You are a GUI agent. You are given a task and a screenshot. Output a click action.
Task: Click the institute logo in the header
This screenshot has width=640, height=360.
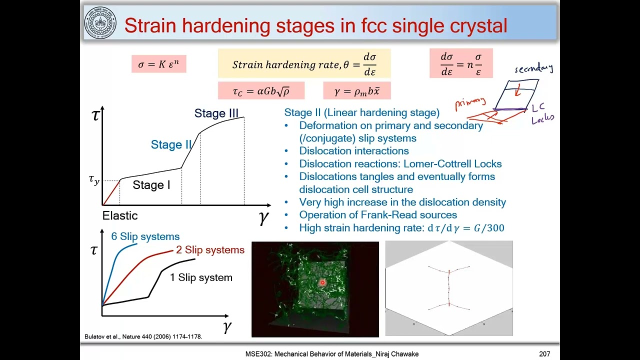(x=100, y=23)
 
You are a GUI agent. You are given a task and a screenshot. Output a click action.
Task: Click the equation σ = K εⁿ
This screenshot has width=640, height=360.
(x=159, y=64)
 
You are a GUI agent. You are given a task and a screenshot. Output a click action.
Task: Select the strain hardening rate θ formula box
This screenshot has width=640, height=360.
(x=304, y=64)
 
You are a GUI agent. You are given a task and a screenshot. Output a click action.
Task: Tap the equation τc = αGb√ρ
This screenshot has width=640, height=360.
(x=261, y=91)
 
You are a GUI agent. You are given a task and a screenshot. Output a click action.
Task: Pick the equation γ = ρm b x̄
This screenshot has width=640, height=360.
(x=357, y=91)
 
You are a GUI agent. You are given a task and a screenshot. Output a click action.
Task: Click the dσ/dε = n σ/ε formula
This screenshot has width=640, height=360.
(x=461, y=63)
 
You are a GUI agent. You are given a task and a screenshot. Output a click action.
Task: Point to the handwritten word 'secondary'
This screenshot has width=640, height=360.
(x=533, y=68)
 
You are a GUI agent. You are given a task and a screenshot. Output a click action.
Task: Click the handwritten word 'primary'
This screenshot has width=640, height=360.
(x=470, y=103)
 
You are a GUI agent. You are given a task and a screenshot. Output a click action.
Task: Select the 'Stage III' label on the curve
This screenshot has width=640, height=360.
(x=216, y=113)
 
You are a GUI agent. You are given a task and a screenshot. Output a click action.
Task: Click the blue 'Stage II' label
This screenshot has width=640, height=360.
(x=171, y=145)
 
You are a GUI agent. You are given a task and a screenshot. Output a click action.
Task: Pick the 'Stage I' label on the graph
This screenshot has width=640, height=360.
(x=151, y=185)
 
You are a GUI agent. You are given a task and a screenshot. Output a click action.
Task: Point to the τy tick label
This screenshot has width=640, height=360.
(x=94, y=180)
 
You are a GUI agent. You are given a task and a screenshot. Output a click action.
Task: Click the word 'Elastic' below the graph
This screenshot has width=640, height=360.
(x=120, y=216)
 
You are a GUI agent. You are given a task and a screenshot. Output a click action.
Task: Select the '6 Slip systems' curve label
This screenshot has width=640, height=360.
(x=145, y=236)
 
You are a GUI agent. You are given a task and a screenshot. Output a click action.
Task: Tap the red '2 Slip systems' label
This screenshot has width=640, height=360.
(x=210, y=250)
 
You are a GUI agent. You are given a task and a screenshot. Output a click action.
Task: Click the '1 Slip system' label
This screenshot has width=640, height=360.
(x=201, y=277)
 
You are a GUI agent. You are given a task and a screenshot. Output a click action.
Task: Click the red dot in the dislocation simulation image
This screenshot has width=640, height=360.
(x=322, y=282)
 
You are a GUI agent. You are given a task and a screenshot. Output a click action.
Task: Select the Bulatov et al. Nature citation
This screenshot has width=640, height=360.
(x=143, y=337)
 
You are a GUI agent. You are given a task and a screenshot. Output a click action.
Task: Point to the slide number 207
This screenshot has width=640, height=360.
(x=544, y=354)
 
